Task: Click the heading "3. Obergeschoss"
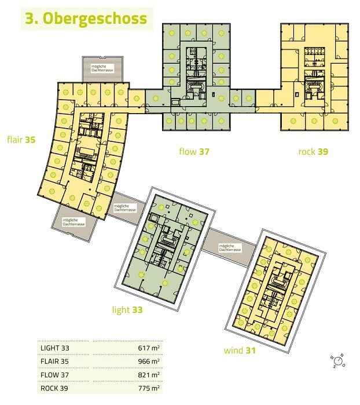tap(86, 19)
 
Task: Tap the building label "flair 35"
tap(21, 140)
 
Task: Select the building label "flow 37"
tap(194, 151)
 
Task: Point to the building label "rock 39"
tap(313, 151)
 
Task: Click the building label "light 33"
tap(127, 309)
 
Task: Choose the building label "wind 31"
tap(240, 351)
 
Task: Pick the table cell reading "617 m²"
tap(149, 348)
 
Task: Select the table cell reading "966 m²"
tap(149, 361)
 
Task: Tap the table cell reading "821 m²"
tap(149, 374)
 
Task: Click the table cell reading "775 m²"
tap(149, 388)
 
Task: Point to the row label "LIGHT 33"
tap(55, 348)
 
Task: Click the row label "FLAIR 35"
tap(55, 362)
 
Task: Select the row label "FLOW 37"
tap(55, 375)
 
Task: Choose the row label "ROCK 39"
tap(54, 388)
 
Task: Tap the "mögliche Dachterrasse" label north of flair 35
tap(102, 68)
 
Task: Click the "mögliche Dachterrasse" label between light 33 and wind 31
tap(230, 248)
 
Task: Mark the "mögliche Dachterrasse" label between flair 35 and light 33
tap(125, 208)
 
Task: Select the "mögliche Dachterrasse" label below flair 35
tap(74, 222)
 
